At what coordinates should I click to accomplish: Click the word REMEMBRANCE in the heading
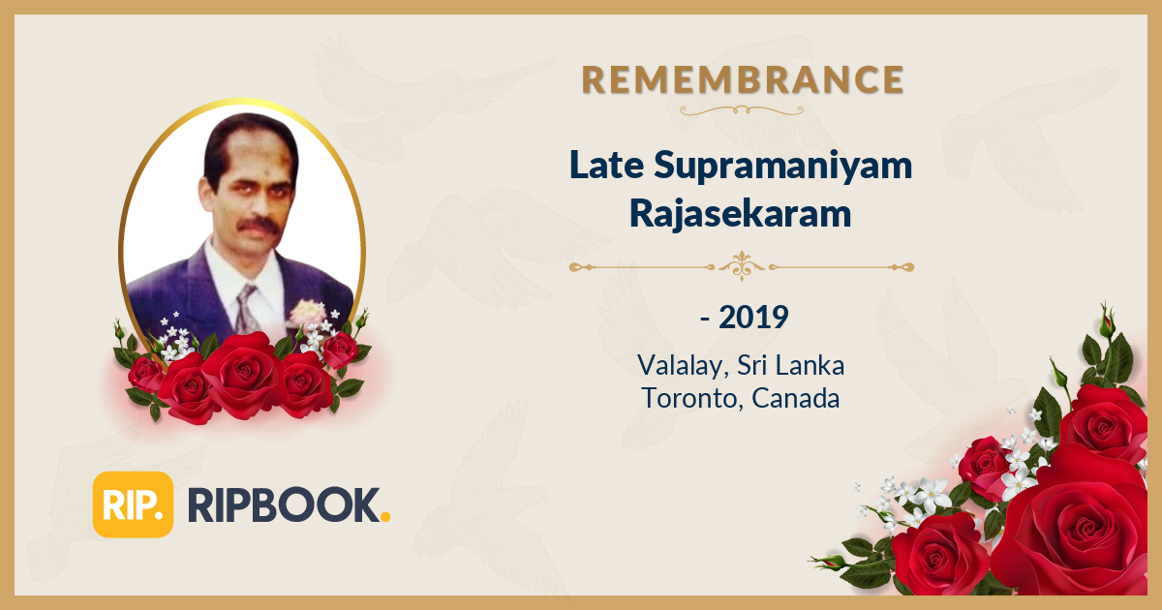[743, 79]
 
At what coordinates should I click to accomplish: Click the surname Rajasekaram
[741, 214]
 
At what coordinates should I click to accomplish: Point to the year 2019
[753, 317]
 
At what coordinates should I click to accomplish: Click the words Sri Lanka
[790, 366]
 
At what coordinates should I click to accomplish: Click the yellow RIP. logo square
[133, 503]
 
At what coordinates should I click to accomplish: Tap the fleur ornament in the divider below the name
[742, 265]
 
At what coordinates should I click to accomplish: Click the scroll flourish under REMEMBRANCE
[742, 110]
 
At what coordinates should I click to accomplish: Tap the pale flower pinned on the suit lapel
[306, 312]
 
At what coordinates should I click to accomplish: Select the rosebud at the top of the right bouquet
[1106, 319]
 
